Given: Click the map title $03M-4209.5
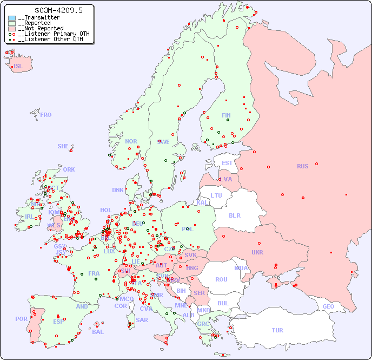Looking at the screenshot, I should coord(50,10).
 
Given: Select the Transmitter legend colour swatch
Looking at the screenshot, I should coord(12,18).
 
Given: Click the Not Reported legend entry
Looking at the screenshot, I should coord(41,28).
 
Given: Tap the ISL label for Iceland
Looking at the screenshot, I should coord(18,67).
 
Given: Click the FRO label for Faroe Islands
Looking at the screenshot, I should coord(46,115).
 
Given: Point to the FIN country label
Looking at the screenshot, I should coord(226,115).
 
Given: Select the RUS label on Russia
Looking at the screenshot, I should coord(302,166).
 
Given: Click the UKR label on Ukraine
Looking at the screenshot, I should coord(257,252).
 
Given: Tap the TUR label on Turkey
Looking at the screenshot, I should coord(277,330).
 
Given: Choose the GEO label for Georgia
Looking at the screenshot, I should coord(328,306).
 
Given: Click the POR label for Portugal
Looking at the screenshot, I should coord(21,319).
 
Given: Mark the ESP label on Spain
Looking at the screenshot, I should coord(58,322).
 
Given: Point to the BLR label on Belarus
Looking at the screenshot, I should coord(234,215).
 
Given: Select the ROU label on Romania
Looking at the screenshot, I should coord(221,279).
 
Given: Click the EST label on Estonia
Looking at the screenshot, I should coord(227,163).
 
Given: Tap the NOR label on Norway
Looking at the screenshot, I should coord(131,141).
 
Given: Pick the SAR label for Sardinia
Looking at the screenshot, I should coord(142,320).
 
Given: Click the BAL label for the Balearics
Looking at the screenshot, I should coord(97,332).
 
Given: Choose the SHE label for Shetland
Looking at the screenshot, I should coord(63,146).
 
